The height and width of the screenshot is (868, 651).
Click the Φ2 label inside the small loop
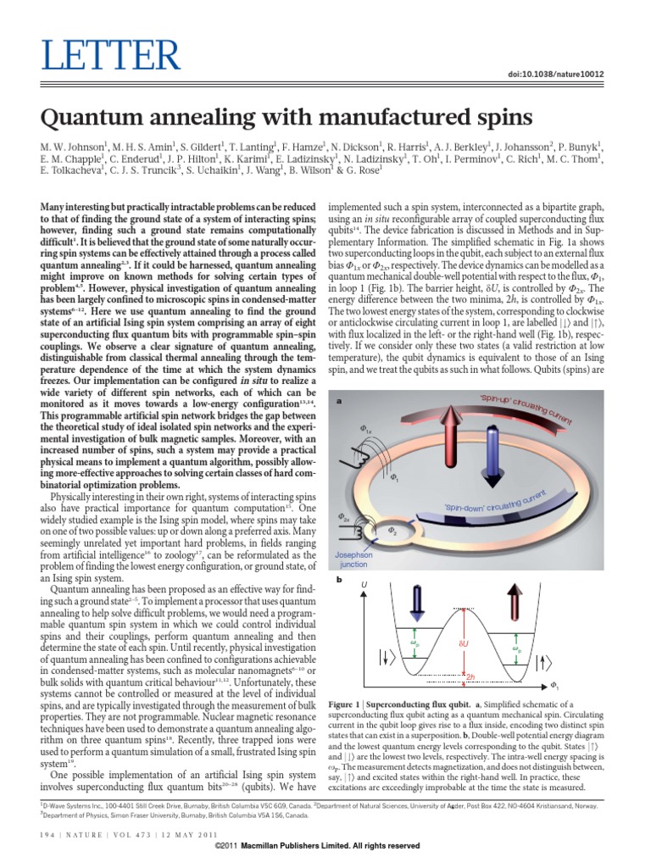pos(392,531)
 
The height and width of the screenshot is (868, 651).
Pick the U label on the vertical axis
pos(365,585)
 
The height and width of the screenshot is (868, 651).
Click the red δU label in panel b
pos(463,645)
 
